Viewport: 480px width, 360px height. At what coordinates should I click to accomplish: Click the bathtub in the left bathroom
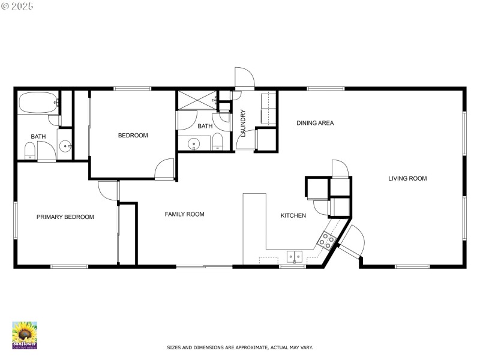tap(38, 103)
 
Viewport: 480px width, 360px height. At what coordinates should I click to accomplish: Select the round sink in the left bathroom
tap(65, 146)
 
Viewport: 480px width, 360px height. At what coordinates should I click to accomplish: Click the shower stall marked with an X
tap(196, 100)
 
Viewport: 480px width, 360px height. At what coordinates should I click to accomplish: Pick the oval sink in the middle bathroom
tap(194, 144)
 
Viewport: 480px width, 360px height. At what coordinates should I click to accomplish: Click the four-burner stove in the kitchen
tap(328, 241)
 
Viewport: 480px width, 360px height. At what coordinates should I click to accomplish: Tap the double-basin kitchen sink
tap(293, 257)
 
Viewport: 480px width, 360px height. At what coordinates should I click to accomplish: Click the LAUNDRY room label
tap(243, 122)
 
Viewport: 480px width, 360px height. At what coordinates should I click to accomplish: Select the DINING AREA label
tap(315, 123)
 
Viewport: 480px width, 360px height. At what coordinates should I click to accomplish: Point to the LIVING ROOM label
tap(407, 178)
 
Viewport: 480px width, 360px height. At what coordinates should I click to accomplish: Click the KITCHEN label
tap(293, 215)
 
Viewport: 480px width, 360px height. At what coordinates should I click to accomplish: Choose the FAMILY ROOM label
tap(184, 214)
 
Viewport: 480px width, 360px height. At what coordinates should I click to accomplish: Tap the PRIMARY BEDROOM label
tap(65, 217)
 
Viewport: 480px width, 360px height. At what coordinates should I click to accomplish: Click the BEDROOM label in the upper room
tap(133, 136)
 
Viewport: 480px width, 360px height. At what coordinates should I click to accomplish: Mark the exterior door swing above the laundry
tap(245, 78)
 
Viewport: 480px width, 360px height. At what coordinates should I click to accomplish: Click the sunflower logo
tap(25, 335)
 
